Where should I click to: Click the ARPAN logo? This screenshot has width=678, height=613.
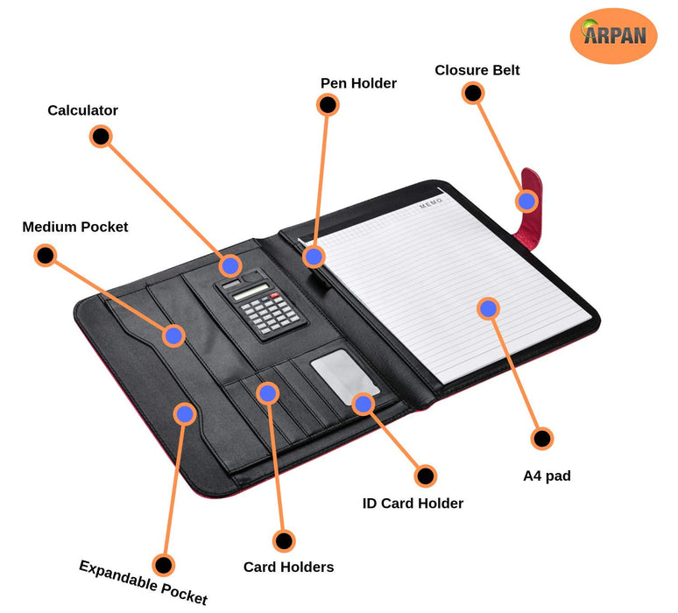coord(613,35)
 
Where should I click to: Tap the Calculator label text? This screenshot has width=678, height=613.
coord(82,110)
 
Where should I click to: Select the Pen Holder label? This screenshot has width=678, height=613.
coord(358,83)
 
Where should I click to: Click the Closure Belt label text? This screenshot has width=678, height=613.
coord(477,70)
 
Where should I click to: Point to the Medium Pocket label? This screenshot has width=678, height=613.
coord(75,227)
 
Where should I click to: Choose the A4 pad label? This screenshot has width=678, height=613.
coord(547,476)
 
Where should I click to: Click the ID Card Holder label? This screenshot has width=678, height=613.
coord(413,503)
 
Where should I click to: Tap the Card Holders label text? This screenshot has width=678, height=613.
coord(288,567)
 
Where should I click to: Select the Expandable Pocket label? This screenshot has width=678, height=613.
coord(144,582)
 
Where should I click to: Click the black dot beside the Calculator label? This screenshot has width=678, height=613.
coord(101,136)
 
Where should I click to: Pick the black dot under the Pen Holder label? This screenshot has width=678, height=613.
coord(328,105)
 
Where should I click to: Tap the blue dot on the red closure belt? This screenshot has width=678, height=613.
coord(526,201)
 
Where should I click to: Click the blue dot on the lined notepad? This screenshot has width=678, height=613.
coord(488,307)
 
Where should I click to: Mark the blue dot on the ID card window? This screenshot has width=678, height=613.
coord(363,403)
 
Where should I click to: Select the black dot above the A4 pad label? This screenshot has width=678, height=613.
coord(542,439)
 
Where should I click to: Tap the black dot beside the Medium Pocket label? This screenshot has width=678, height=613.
coord(45,256)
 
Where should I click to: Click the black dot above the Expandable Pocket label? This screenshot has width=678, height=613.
coord(163,565)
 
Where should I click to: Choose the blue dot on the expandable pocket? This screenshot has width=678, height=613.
coord(184,413)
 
